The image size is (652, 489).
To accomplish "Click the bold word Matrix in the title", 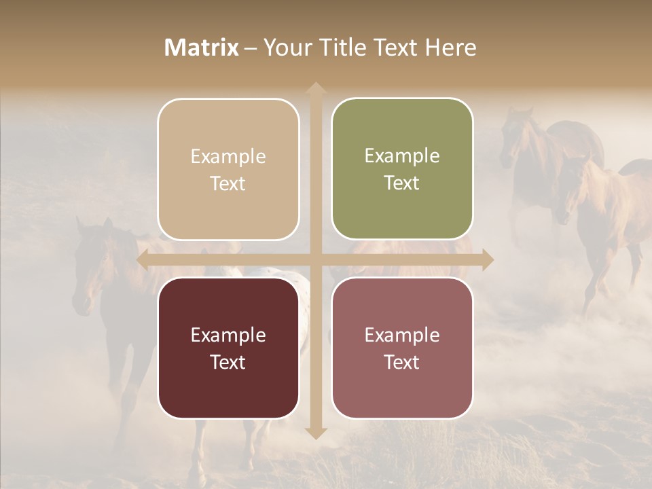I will pos(202,48).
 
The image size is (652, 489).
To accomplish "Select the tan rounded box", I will pos(228,169).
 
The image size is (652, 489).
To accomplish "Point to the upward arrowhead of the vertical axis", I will pos(315,88).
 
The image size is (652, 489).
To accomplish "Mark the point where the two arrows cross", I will pos(315,259).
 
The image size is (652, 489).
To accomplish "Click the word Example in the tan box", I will pos(228,157).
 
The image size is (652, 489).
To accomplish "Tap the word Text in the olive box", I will pos(402,183).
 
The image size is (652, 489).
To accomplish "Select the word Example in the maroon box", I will pos(228,336).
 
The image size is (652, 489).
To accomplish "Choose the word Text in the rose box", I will pos(402,362).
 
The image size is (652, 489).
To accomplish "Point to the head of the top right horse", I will pos(516,136).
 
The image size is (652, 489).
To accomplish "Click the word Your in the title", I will pos(285,48).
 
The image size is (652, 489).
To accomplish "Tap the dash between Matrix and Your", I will pos(251,48).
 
